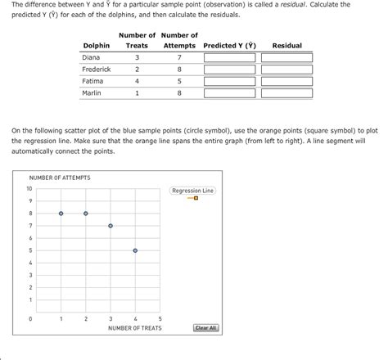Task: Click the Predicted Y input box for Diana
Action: pos(229,58)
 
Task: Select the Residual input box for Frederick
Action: pos(286,70)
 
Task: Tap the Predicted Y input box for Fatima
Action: pos(229,82)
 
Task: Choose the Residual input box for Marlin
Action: pos(286,93)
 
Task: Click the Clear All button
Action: pos(205,328)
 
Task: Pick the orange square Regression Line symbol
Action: pos(196,198)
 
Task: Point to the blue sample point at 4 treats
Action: pos(135,250)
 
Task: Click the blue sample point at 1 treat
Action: pos(61,214)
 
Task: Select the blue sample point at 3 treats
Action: pos(111,226)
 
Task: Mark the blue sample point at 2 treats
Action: pos(85,214)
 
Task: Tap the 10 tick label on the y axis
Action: pos(29,189)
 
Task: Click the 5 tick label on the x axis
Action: pos(160,318)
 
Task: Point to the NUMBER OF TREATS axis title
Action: pos(135,329)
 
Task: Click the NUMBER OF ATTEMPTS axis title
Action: pos(60,178)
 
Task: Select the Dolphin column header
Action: pos(96,46)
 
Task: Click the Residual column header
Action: pos(286,46)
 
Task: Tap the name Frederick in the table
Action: pos(97,70)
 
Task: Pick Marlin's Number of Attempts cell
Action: pos(178,93)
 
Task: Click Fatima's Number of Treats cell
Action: pos(137,82)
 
